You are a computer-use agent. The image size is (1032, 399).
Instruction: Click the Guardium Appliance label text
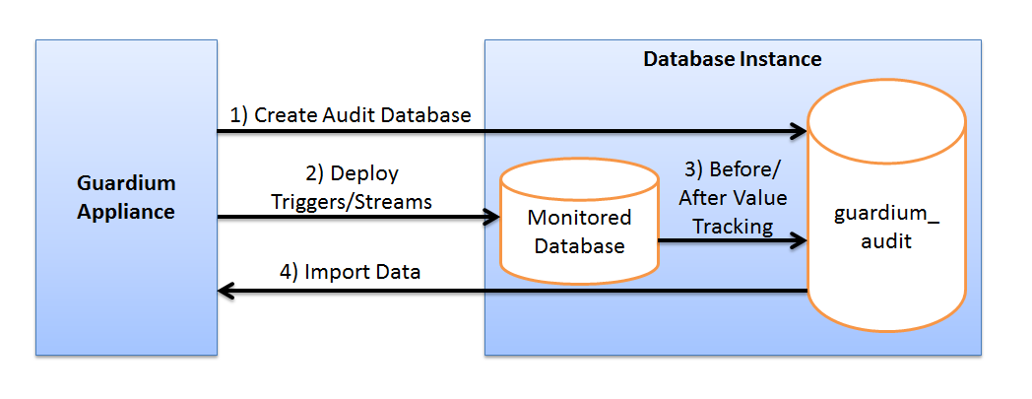[126, 197]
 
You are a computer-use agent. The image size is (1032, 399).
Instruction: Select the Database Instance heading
[732, 59]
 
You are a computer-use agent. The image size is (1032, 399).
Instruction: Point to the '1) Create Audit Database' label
[351, 115]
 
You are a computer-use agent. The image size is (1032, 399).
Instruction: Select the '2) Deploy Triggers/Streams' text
[352, 186]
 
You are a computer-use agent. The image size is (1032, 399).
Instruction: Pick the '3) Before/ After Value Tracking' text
[733, 198]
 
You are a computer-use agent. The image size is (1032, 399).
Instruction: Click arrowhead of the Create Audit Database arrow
[798, 131]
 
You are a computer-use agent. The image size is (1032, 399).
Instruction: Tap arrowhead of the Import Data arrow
[226, 291]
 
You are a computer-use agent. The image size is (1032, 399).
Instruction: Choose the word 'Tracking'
[733, 226]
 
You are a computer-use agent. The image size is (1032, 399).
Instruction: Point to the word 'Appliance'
[126, 211]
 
